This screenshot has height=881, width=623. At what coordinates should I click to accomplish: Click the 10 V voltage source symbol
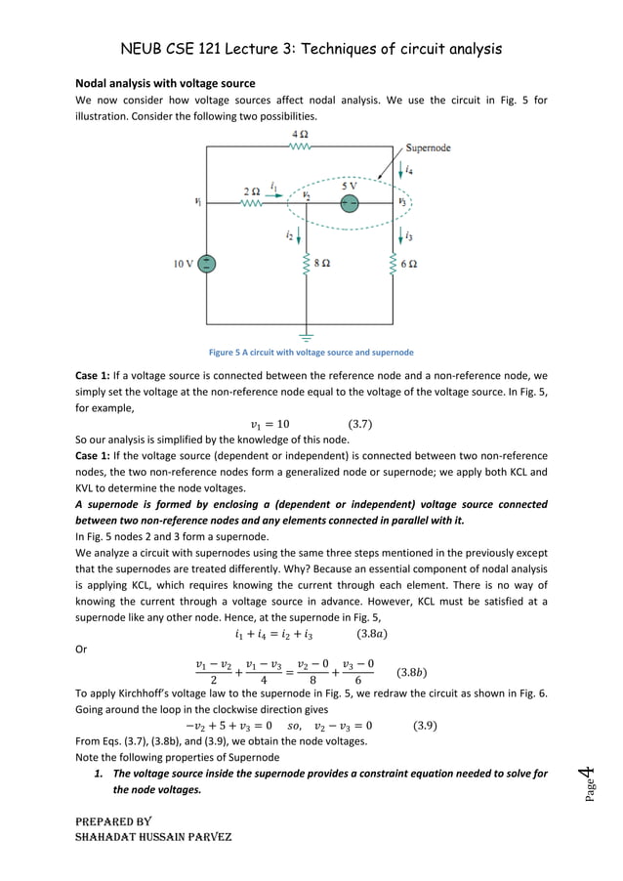tap(208, 264)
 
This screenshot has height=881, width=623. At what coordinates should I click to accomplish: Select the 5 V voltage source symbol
tap(350, 203)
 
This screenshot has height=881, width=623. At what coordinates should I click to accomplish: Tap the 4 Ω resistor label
tap(301, 133)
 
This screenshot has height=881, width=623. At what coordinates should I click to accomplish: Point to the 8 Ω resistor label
tap(321, 263)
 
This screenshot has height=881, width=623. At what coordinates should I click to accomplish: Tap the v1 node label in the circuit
tap(198, 202)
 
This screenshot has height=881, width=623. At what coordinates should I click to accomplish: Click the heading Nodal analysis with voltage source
tap(165, 83)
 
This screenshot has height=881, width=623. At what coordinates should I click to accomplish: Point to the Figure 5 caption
tap(311, 353)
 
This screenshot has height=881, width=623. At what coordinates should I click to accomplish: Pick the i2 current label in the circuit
tap(290, 235)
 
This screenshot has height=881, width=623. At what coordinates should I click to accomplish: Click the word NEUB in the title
tap(144, 47)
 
